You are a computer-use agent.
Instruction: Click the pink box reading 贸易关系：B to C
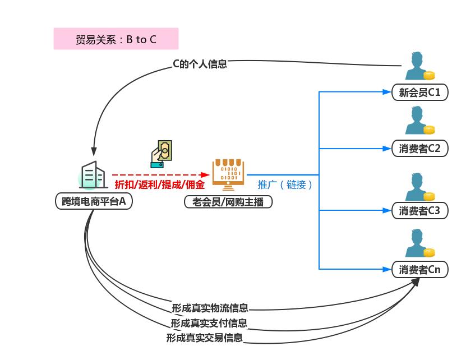[x=116, y=39]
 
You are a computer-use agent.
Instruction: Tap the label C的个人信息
[x=200, y=64]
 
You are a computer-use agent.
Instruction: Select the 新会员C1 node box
[x=420, y=93]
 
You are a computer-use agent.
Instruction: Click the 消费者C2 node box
[x=420, y=149]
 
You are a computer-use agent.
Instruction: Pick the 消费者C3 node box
[x=420, y=211]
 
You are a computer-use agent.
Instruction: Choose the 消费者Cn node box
[x=420, y=270]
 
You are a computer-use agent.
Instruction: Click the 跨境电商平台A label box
[x=94, y=201]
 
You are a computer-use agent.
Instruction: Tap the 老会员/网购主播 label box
[x=228, y=201]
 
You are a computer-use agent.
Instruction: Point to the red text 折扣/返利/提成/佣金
[x=159, y=184]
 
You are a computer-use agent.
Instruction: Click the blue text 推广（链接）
[x=285, y=184]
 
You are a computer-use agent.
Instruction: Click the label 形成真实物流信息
[x=210, y=308]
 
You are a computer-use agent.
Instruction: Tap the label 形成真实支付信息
[x=209, y=323]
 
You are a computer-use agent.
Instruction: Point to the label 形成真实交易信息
[x=205, y=338]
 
